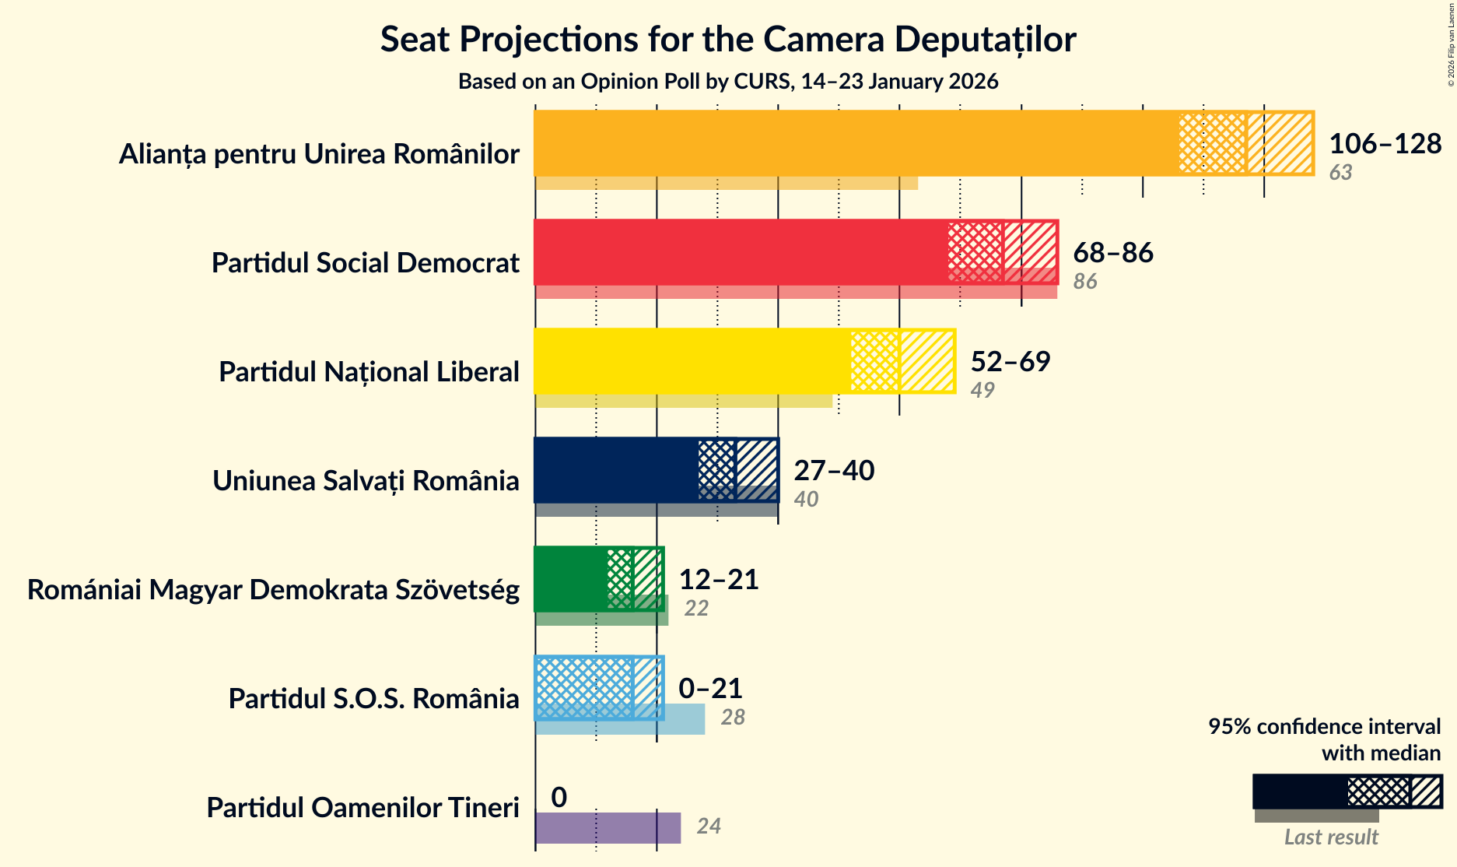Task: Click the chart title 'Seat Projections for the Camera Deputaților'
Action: pyautogui.click(x=728, y=39)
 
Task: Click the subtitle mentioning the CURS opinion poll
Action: pyautogui.click(x=728, y=81)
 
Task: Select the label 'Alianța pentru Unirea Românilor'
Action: pyautogui.click(x=319, y=154)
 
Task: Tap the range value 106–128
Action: pyautogui.click(x=1385, y=143)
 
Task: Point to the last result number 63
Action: pyautogui.click(x=1340, y=173)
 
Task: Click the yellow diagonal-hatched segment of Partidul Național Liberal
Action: pyautogui.click(x=926, y=361)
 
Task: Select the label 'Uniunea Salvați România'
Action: pyautogui.click(x=366, y=481)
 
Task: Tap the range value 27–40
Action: pyautogui.click(x=834, y=470)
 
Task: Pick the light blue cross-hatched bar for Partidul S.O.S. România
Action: pyautogui.click(x=583, y=688)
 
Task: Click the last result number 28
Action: pyautogui.click(x=733, y=717)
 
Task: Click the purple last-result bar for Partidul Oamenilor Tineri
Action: pyautogui.click(x=607, y=827)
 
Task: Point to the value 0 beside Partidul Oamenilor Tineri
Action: pyautogui.click(x=559, y=797)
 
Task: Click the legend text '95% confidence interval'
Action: pyautogui.click(x=1324, y=726)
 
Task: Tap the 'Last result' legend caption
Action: pyautogui.click(x=1331, y=837)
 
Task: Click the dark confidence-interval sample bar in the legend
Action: pyautogui.click(x=1299, y=792)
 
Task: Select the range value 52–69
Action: pyautogui.click(x=1010, y=361)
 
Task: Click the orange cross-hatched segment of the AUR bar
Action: pyautogui.click(x=1212, y=143)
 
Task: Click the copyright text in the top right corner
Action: pyautogui.click(x=1451, y=43)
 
